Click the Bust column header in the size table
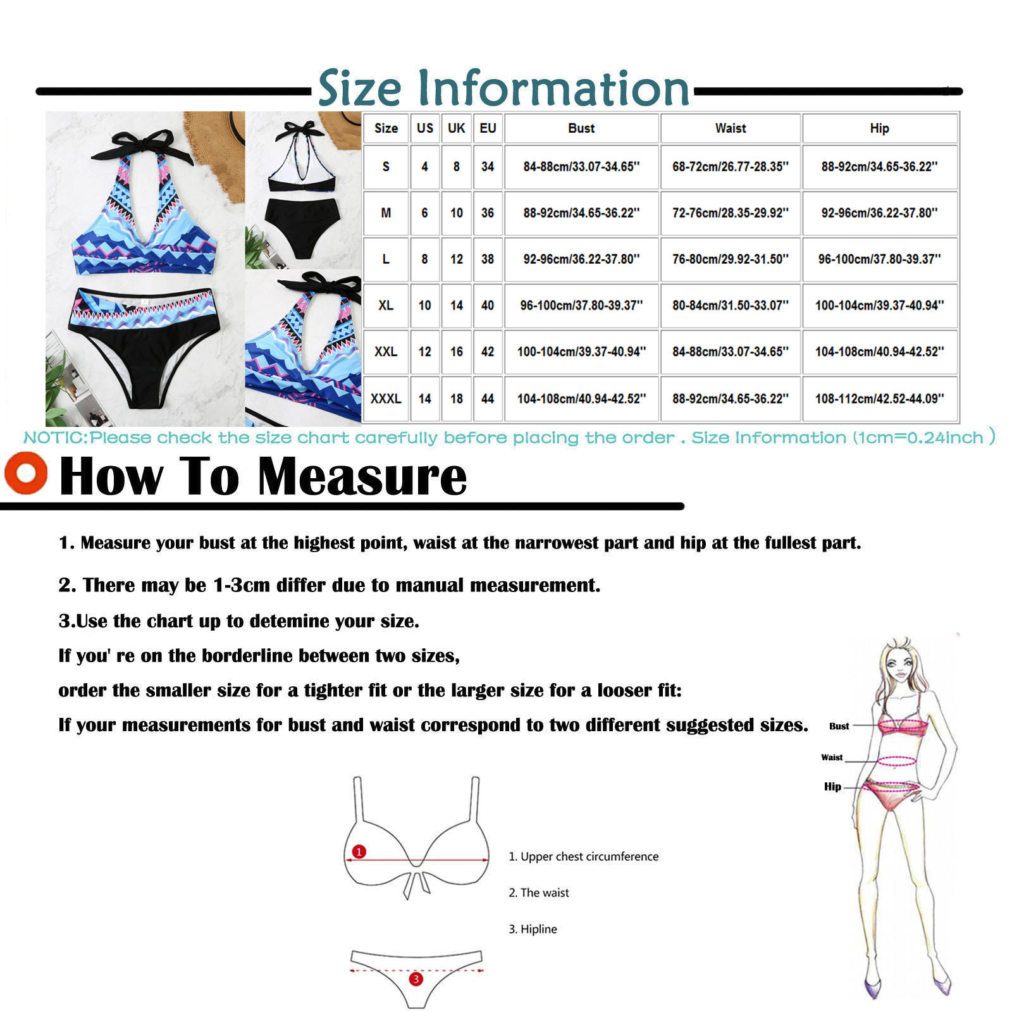(x=581, y=128)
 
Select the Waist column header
(x=731, y=128)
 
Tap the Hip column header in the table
(x=879, y=128)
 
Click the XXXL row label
(x=386, y=398)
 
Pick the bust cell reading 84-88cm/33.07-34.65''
(x=581, y=167)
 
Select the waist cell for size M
(x=731, y=213)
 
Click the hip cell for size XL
(x=879, y=305)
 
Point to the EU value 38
(x=487, y=259)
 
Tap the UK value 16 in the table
(x=457, y=352)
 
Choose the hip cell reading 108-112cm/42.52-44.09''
(x=879, y=398)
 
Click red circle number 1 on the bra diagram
(x=359, y=851)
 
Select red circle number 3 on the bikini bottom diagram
(x=416, y=979)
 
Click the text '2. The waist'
(x=539, y=892)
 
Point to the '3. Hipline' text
(x=533, y=929)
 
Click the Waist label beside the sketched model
(x=832, y=757)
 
